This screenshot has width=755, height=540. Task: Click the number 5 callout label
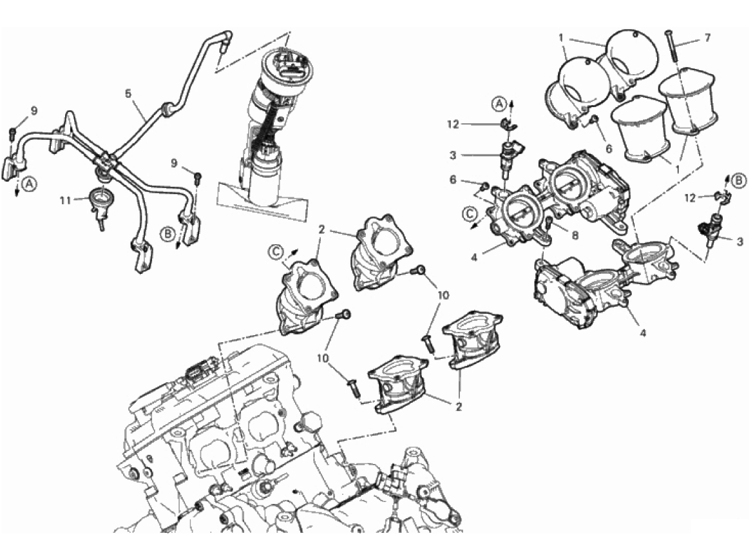(x=128, y=93)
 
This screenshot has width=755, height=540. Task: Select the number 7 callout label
(x=707, y=38)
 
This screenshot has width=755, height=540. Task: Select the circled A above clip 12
(x=499, y=102)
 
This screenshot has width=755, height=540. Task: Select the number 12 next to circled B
(x=691, y=198)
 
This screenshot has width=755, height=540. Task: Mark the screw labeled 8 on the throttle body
(x=548, y=225)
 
